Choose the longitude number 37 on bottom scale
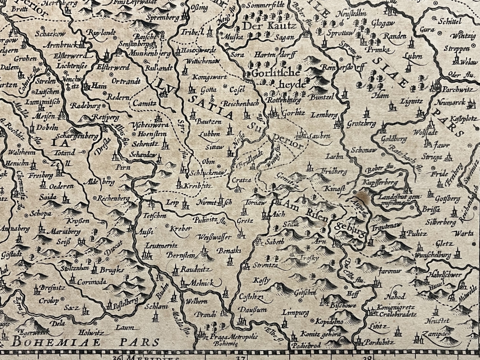240,357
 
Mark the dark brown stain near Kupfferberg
363,196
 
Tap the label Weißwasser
214,238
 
